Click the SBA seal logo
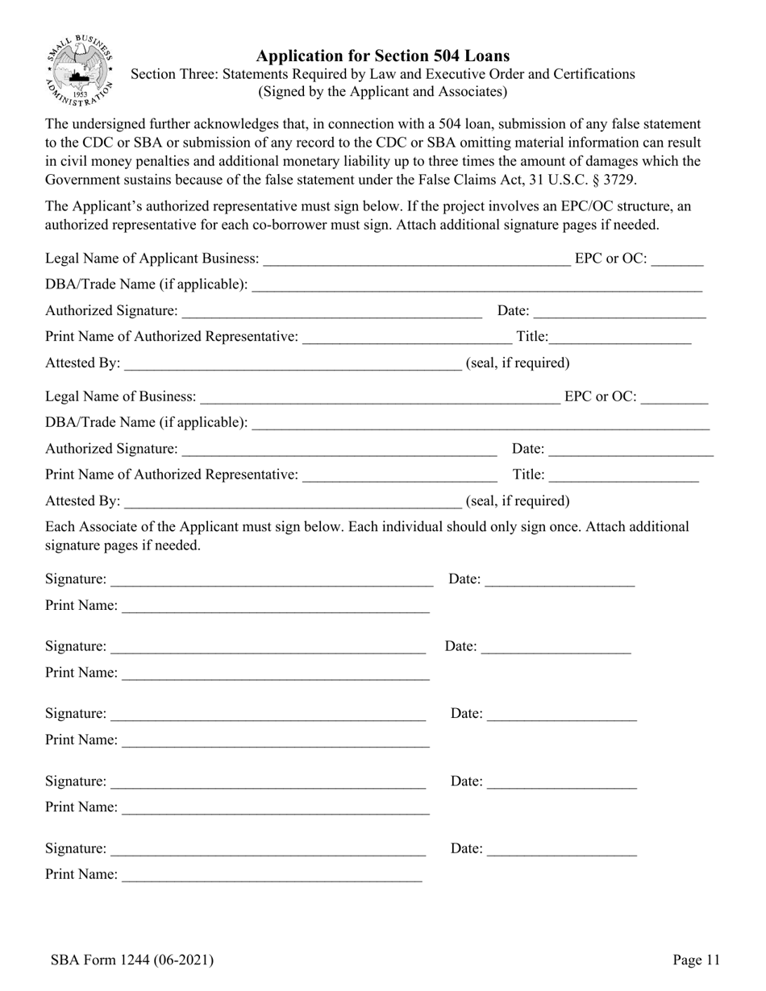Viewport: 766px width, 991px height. click(x=78, y=72)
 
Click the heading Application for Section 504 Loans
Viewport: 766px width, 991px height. click(x=382, y=56)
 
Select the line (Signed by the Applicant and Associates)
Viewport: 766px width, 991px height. click(x=382, y=92)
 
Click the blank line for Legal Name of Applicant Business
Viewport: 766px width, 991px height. click(x=416, y=260)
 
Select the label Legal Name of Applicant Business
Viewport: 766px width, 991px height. click(x=152, y=259)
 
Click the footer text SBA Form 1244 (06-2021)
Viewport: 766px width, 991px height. click(x=131, y=960)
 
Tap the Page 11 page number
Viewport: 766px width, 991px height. click(x=696, y=960)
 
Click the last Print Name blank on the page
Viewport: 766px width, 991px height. click(x=271, y=876)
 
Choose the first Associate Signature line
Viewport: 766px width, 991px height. click(x=272, y=581)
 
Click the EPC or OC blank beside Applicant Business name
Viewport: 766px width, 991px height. click(x=677, y=260)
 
